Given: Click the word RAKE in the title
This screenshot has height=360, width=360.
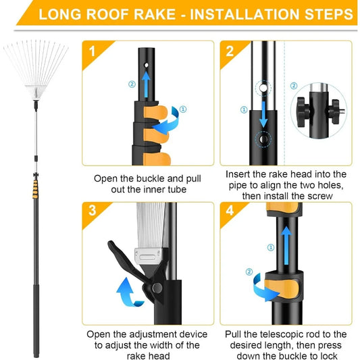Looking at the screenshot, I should coord(153,14).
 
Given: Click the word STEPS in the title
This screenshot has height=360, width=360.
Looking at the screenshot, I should coord(325,14).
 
